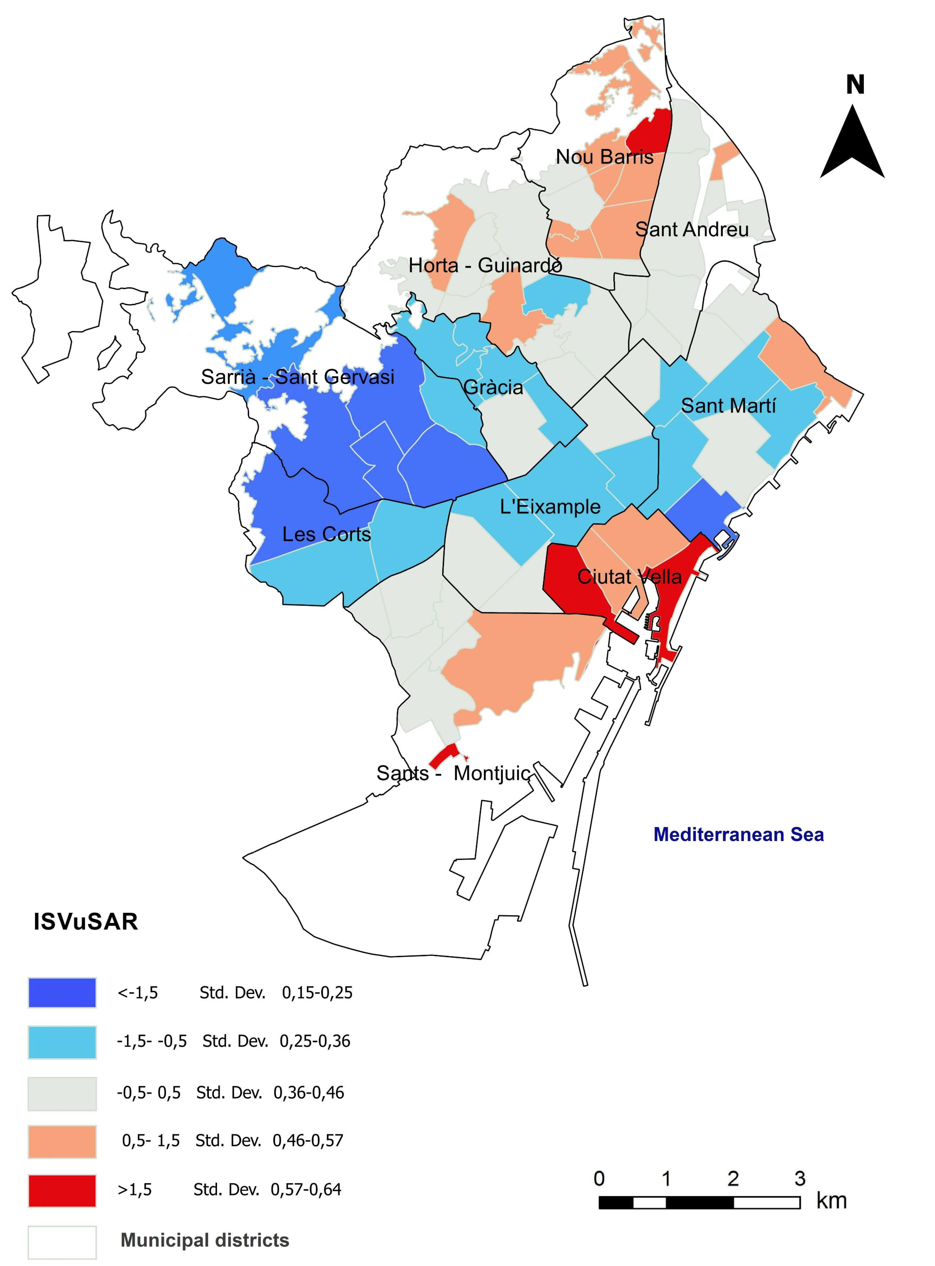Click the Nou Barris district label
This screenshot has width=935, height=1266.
tap(605, 157)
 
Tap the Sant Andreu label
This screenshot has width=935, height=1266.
tap(692, 229)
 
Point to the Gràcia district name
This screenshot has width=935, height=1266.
tap(493, 388)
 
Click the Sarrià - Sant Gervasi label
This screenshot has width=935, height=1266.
tap(298, 377)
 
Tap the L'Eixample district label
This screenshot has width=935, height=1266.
tap(550, 507)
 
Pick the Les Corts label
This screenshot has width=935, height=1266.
tap(327, 534)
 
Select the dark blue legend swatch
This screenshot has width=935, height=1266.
tap(62, 993)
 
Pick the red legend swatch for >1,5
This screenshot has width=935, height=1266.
tap(62, 1190)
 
